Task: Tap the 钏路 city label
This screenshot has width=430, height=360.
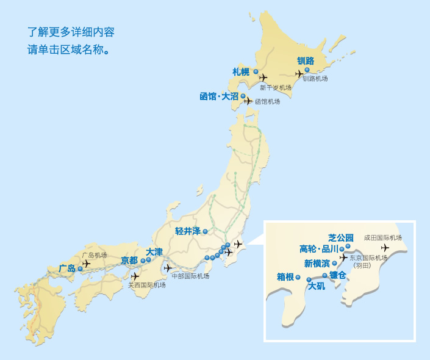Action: tap(305, 60)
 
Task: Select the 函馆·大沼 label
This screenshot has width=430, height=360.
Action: tap(218, 96)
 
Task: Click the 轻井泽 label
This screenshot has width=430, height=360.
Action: tap(188, 231)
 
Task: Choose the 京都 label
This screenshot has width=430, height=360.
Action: tap(129, 261)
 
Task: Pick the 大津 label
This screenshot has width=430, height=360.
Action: tap(154, 251)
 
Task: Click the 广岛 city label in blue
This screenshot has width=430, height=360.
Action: tap(67, 268)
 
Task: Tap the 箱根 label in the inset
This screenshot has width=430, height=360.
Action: tap(285, 277)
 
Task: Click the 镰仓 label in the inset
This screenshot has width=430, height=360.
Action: tap(338, 275)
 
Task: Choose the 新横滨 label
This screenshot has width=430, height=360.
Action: tap(317, 264)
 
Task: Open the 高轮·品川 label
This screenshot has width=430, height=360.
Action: tap(318, 249)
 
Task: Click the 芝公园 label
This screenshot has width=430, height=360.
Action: tap(340, 237)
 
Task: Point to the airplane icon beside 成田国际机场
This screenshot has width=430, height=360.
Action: tap(385, 248)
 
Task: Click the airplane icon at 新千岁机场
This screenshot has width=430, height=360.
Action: tap(263, 77)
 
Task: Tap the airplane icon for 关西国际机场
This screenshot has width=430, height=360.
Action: tap(135, 276)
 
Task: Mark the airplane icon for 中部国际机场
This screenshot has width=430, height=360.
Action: tap(168, 268)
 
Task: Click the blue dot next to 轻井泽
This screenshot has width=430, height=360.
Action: tap(206, 231)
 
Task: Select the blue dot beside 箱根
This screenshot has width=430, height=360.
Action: tap(298, 278)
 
